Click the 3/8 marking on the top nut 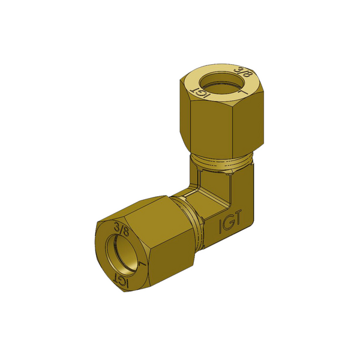tap(244, 73)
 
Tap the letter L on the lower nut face tap(143, 263)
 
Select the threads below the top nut tap(221, 162)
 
